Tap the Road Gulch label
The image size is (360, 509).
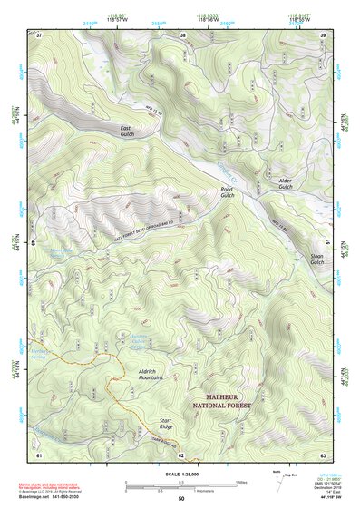pyautogui.click(x=228, y=192)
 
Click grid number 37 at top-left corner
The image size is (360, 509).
pyautogui.click(x=39, y=36)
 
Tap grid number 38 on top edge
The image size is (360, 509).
pyautogui.click(x=182, y=36)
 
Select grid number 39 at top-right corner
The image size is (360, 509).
pyautogui.click(x=324, y=36)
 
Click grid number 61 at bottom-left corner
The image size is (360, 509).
pyautogui.click(x=39, y=454)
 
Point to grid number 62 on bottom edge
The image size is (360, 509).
pyautogui.click(x=180, y=454)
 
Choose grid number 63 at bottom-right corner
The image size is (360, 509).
pyautogui.click(x=324, y=454)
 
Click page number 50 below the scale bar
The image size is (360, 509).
pyautogui.click(x=180, y=499)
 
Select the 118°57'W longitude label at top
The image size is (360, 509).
pyautogui.click(x=117, y=19)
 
